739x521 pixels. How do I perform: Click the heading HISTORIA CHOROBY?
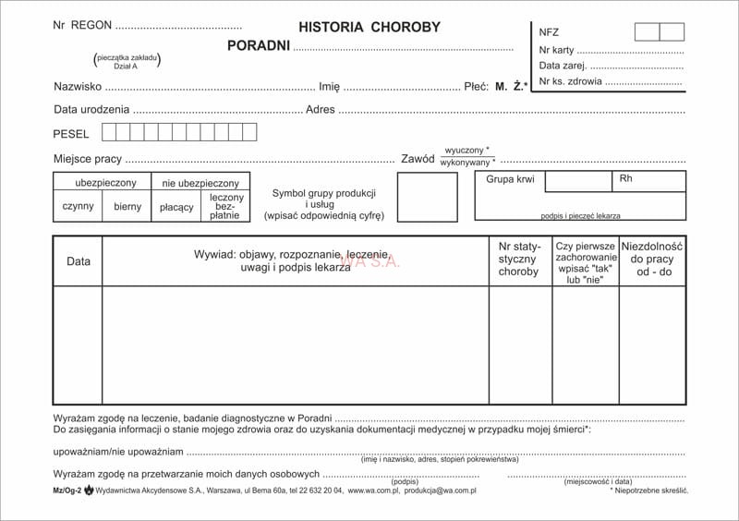click(369, 28)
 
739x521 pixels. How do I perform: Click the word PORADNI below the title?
click(259, 45)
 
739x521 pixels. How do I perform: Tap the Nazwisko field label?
click(78, 87)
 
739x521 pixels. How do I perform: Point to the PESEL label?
click(71, 134)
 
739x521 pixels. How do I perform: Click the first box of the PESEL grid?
click(109, 132)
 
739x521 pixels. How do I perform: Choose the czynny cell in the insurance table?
click(78, 207)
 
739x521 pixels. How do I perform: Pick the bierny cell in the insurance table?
click(127, 207)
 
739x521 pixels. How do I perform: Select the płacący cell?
click(176, 207)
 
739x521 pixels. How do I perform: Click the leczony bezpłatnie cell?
click(226, 206)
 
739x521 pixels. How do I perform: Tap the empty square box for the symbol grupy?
click(427, 197)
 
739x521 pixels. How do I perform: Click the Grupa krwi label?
click(510, 179)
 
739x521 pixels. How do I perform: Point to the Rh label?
click(625, 178)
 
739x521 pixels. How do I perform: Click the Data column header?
click(79, 261)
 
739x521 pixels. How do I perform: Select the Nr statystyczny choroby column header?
click(518, 260)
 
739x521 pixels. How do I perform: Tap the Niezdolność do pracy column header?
click(652, 260)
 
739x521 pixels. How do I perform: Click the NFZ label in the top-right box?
click(549, 32)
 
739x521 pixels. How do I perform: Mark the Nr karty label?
click(556, 50)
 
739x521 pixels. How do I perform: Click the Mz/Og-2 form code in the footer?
click(67, 491)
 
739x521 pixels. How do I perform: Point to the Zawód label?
click(418, 159)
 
